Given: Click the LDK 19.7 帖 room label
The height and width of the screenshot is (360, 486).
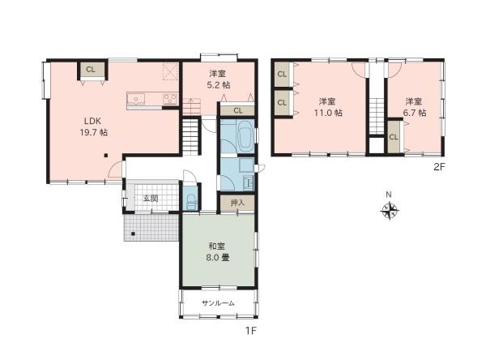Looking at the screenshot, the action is pyautogui.click(x=94, y=126).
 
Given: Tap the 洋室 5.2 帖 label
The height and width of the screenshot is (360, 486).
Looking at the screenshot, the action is pyautogui.click(x=219, y=79).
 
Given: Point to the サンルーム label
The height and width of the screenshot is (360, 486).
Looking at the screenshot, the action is pyautogui.click(x=218, y=303).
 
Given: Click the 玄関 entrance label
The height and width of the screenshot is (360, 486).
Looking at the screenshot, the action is pyautogui.click(x=151, y=199).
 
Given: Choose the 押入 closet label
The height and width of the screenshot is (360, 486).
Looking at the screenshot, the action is pyautogui.click(x=237, y=203).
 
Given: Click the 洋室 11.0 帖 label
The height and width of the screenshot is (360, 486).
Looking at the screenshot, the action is pyautogui.click(x=327, y=107).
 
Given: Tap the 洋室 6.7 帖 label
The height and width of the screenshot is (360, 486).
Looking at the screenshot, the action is pyautogui.click(x=414, y=107).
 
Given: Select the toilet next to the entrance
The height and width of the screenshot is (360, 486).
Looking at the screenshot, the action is pyautogui.click(x=190, y=202).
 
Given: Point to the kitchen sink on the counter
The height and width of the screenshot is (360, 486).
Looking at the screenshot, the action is pyautogui.click(x=136, y=99).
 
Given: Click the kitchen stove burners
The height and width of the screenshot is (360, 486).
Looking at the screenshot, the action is pyautogui.click(x=170, y=99).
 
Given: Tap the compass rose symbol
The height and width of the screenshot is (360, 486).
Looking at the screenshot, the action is pyautogui.click(x=390, y=211).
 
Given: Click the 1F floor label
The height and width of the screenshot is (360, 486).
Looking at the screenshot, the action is pyautogui.click(x=251, y=331).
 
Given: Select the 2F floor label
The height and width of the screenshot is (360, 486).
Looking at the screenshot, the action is pyautogui.click(x=439, y=167).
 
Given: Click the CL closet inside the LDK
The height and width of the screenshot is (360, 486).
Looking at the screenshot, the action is pyautogui.click(x=91, y=71).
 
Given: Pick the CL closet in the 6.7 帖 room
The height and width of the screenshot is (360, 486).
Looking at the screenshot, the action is pyautogui.click(x=394, y=136).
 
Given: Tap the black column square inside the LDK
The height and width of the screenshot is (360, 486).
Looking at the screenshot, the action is pyautogui.click(x=106, y=155).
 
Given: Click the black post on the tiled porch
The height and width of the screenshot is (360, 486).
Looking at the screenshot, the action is pyautogui.click(x=134, y=234).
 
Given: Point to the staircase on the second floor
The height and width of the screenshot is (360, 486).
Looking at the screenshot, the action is pyautogui.click(x=377, y=116).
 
